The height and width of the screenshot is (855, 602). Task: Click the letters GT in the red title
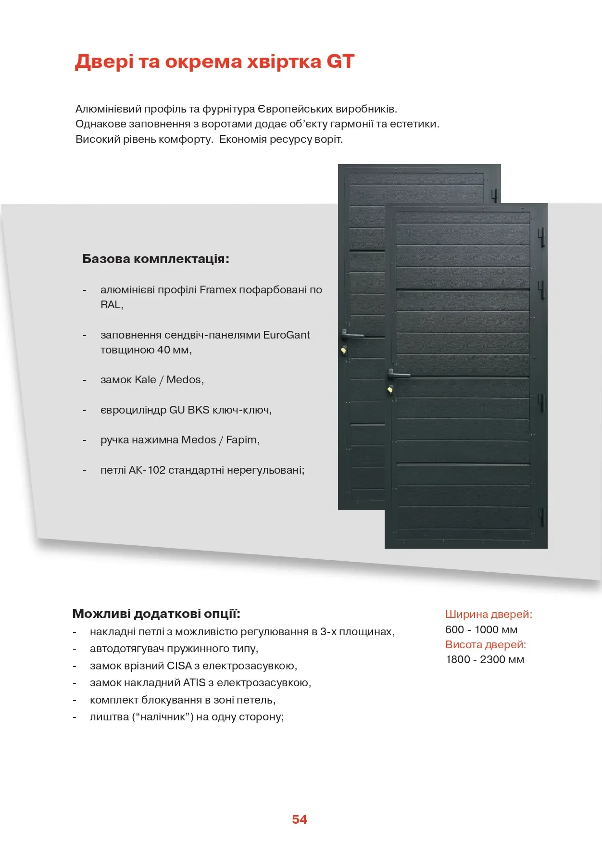click(x=340, y=62)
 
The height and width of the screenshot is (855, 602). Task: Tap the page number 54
click(x=299, y=819)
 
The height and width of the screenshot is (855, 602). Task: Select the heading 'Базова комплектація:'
click(x=156, y=259)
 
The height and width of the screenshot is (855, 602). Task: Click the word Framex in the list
click(x=218, y=289)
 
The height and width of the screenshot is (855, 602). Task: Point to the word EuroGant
click(x=286, y=335)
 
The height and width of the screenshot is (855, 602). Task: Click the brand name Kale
click(x=145, y=380)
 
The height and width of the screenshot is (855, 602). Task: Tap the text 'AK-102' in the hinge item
click(x=147, y=470)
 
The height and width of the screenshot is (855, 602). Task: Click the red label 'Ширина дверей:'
click(x=489, y=614)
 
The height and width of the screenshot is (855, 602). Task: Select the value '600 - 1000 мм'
click(x=481, y=629)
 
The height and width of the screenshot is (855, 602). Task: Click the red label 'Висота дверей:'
click(x=486, y=644)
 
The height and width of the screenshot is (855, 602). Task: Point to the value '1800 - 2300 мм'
click(x=485, y=659)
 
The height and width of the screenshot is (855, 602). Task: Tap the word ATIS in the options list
click(x=194, y=683)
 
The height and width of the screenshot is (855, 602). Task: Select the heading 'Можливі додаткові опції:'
click(x=156, y=614)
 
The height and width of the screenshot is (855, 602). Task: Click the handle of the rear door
click(x=351, y=334)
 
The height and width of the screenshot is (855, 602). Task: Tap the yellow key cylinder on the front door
click(x=390, y=390)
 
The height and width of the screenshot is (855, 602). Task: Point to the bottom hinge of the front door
click(x=541, y=516)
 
